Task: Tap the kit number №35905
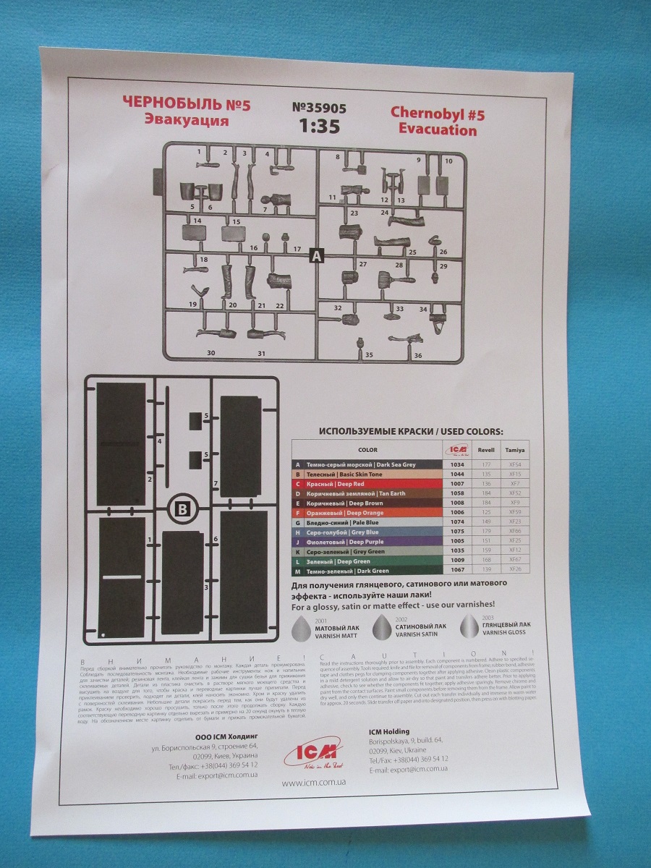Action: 319,108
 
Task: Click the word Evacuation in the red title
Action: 433,130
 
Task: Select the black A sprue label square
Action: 315,255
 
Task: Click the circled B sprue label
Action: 182,510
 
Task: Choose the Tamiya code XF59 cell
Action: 514,512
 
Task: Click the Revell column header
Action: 486,449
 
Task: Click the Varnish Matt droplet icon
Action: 302,629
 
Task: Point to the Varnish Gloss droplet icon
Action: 471,627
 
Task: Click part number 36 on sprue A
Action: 417,355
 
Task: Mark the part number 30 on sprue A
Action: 210,353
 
